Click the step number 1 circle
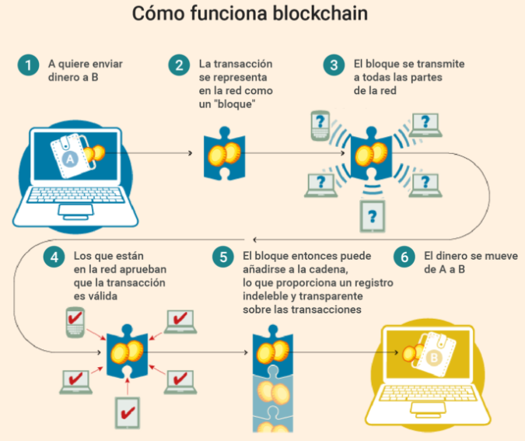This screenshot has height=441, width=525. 29,65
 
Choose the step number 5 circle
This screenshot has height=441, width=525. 223,257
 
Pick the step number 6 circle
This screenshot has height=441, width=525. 403,257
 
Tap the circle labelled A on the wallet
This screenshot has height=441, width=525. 69,159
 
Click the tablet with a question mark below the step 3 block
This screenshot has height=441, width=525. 374,215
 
